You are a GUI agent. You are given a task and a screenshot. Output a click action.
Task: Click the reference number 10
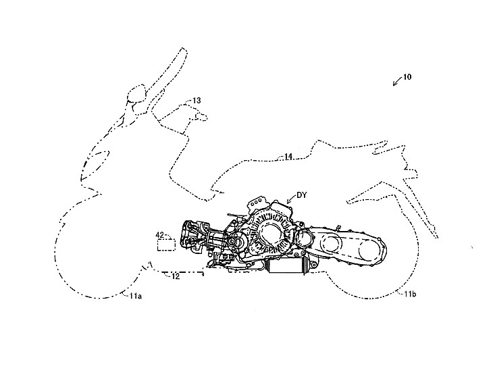[x=407, y=77]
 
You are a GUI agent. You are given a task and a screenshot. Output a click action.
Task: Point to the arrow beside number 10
[x=397, y=81]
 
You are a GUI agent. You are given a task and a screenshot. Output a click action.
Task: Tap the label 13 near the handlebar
[x=197, y=101]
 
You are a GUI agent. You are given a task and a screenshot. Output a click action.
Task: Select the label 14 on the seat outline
[x=288, y=156]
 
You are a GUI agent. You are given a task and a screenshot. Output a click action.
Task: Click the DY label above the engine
[x=301, y=196]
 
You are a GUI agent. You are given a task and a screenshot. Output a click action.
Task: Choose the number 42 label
[x=160, y=234]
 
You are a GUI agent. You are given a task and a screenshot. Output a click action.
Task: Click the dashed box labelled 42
[x=166, y=245]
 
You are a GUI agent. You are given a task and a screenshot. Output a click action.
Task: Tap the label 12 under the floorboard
[x=176, y=277]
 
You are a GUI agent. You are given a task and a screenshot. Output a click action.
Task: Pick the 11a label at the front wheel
[x=136, y=296]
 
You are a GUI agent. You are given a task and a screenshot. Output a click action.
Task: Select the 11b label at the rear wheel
[x=410, y=295]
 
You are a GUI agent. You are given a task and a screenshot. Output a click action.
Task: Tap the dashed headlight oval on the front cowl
[x=95, y=164]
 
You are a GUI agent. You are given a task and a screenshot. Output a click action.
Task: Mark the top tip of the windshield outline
[x=183, y=48]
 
